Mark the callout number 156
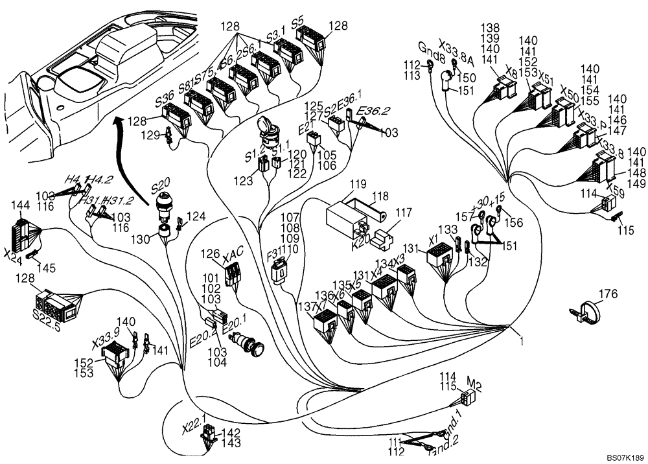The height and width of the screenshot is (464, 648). pos(515,223)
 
